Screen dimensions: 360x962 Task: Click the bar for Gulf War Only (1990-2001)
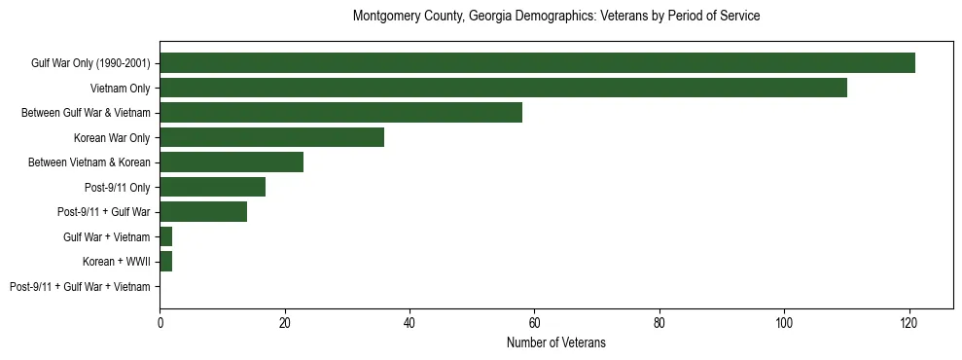point(537,63)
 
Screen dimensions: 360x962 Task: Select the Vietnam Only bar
point(503,88)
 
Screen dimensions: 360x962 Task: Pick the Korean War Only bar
point(271,137)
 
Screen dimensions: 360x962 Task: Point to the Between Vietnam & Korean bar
point(232,162)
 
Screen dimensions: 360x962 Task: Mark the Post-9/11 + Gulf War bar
point(203,212)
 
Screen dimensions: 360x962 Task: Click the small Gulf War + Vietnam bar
point(166,236)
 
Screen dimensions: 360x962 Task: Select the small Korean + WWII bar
point(166,262)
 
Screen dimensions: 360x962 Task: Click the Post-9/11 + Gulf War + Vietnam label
point(80,287)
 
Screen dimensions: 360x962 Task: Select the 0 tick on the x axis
point(160,323)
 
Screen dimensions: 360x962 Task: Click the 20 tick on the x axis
point(285,323)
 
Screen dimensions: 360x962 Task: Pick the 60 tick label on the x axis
point(534,323)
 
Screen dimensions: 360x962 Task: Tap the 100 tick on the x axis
point(784,323)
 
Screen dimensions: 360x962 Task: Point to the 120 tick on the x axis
point(909,323)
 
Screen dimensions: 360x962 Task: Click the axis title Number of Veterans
point(555,342)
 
